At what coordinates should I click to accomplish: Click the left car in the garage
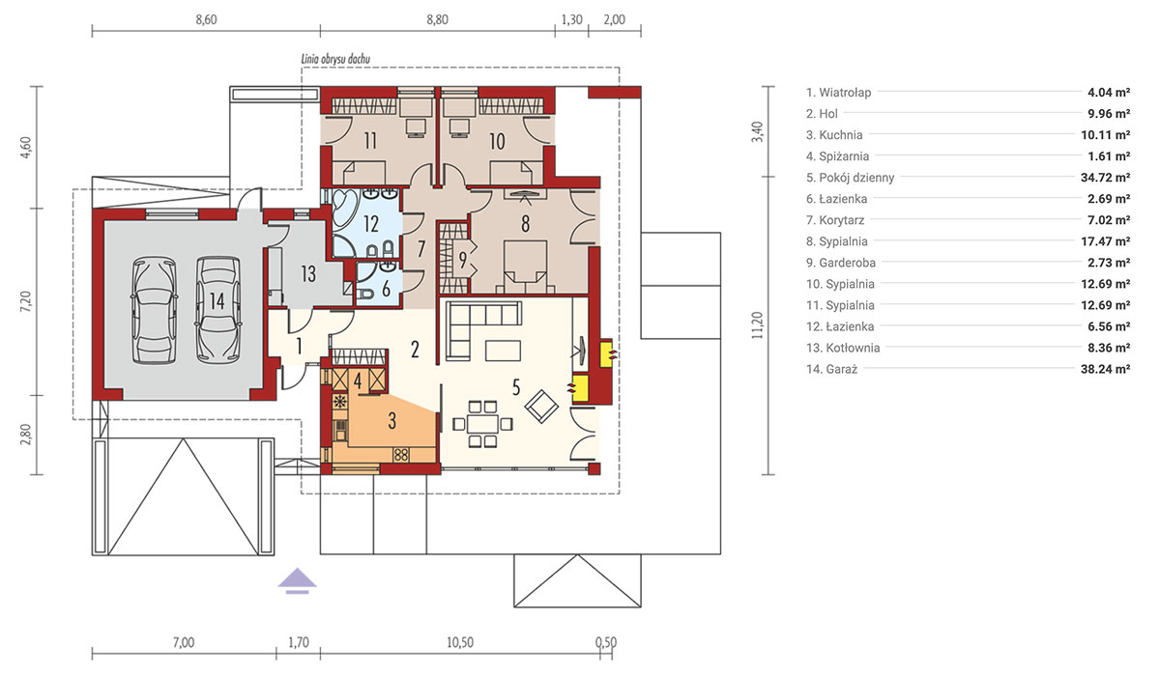point(155,310)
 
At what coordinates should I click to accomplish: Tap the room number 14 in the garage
point(217,301)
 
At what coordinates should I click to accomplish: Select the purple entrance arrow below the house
point(298,580)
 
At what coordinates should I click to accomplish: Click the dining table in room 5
point(482,424)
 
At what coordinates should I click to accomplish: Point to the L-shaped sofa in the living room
point(477,324)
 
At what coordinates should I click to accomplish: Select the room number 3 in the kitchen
point(392,421)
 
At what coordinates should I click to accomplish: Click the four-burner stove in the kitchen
point(401,455)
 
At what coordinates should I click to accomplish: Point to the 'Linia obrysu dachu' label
point(335,59)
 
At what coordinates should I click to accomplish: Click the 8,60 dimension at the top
point(206,20)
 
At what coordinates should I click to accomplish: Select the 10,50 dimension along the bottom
point(460,642)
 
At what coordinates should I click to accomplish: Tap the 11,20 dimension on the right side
point(758,325)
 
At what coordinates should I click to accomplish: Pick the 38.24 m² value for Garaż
point(1105,369)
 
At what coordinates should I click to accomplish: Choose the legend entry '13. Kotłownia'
point(843,348)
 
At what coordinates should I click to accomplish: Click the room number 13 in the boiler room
point(308,273)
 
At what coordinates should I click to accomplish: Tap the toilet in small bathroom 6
point(365,295)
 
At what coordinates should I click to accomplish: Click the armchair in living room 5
point(541,406)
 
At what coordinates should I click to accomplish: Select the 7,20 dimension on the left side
point(26,301)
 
